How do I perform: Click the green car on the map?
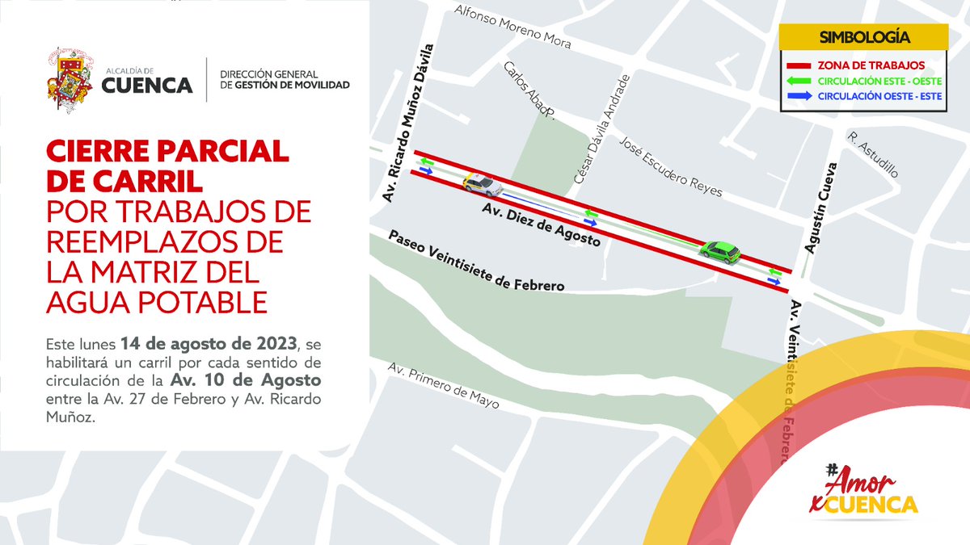click(720, 252)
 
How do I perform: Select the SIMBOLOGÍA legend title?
click(864, 37)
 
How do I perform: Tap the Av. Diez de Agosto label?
click(541, 224)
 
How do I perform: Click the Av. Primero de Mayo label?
click(443, 385)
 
